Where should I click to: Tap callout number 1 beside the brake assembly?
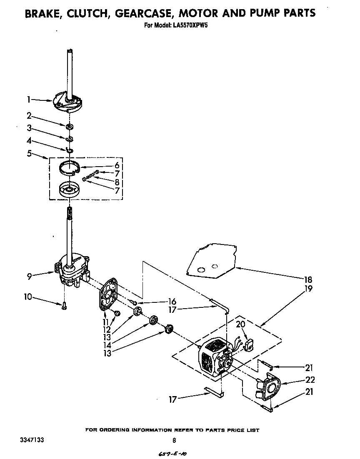click(x=29, y=99)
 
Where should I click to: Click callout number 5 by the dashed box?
click(x=29, y=153)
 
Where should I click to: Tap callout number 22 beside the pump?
click(x=310, y=379)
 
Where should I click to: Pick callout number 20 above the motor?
click(x=240, y=324)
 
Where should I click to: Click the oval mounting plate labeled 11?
click(x=109, y=296)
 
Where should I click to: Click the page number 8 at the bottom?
click(x=174, y=440)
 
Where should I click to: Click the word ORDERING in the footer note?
click(x=121, y=430)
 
